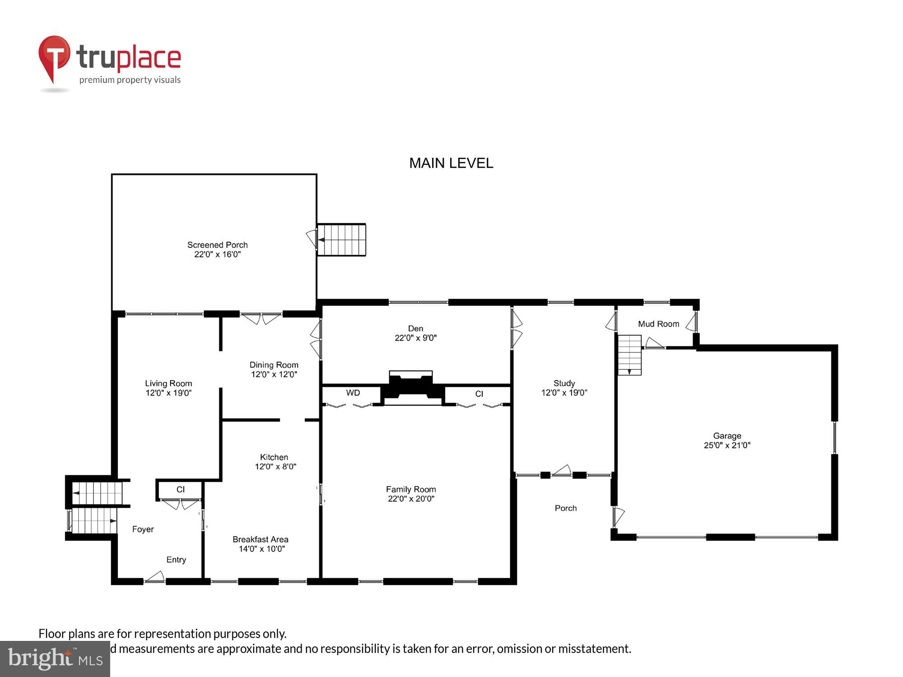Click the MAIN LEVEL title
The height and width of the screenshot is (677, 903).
click(x=451, y=163)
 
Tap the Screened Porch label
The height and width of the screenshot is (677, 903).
click(x=217, y=245)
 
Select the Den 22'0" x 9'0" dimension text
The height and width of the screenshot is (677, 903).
click(x=415, y=338)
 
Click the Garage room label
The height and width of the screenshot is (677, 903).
click(x=726, y=436)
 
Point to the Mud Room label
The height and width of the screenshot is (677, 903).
click(x=658, y=324)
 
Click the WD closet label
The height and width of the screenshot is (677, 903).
click(x=353, y=393)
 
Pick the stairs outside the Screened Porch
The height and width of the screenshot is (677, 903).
click(x=342, y=240)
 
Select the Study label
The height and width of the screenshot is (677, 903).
click(x=564, y=383)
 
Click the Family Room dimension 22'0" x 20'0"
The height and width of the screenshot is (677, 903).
click(x=411, y=499)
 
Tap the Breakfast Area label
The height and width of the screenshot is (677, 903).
click(x=260, y=539)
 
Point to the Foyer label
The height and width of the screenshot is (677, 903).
click(x=143, y=529)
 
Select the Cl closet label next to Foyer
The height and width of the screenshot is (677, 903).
click(x=180, y=489)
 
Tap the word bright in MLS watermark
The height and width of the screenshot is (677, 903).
click(x=40, y=658)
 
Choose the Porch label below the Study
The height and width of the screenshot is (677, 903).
click(x=565, y=508)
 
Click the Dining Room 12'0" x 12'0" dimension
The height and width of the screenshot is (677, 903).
click(x=274, y=374)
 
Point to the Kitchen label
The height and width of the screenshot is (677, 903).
click(x=274, y=457)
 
